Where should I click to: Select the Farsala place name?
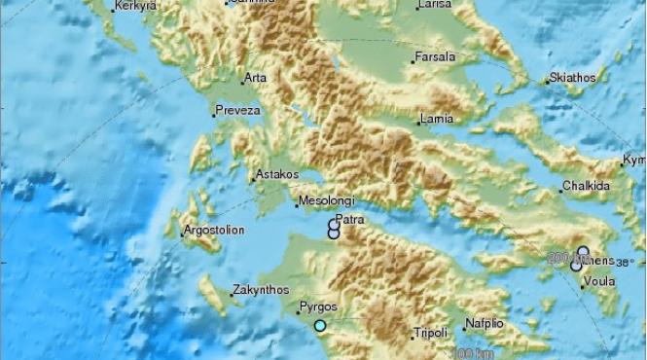pos(435,57)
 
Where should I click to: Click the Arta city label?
pos(256,77)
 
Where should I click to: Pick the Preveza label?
pos(237,110)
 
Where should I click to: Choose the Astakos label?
pos(275,176)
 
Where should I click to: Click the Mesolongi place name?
pos(324,200)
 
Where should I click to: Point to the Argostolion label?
pos(214,231)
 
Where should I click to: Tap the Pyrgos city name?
pos(318,306)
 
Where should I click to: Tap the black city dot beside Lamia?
pos(415,123)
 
